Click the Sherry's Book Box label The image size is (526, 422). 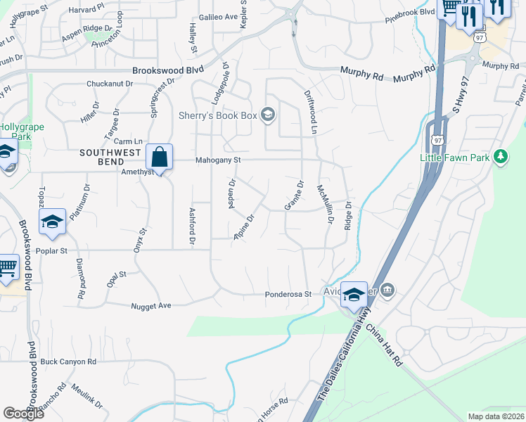tap(219, 115)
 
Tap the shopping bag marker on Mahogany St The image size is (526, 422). tap(160, 157)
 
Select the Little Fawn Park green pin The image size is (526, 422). tap(500, 158)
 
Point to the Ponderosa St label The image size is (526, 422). tap(288, 295)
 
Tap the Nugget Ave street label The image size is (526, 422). tap(151, 306)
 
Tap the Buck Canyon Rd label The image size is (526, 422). tap(68, 362)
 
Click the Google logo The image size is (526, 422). tap(23, 413)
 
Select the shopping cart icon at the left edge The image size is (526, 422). tap(6, 268)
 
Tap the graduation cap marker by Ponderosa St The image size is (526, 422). tap(354, 295)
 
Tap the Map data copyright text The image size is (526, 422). tap(496, 416)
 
